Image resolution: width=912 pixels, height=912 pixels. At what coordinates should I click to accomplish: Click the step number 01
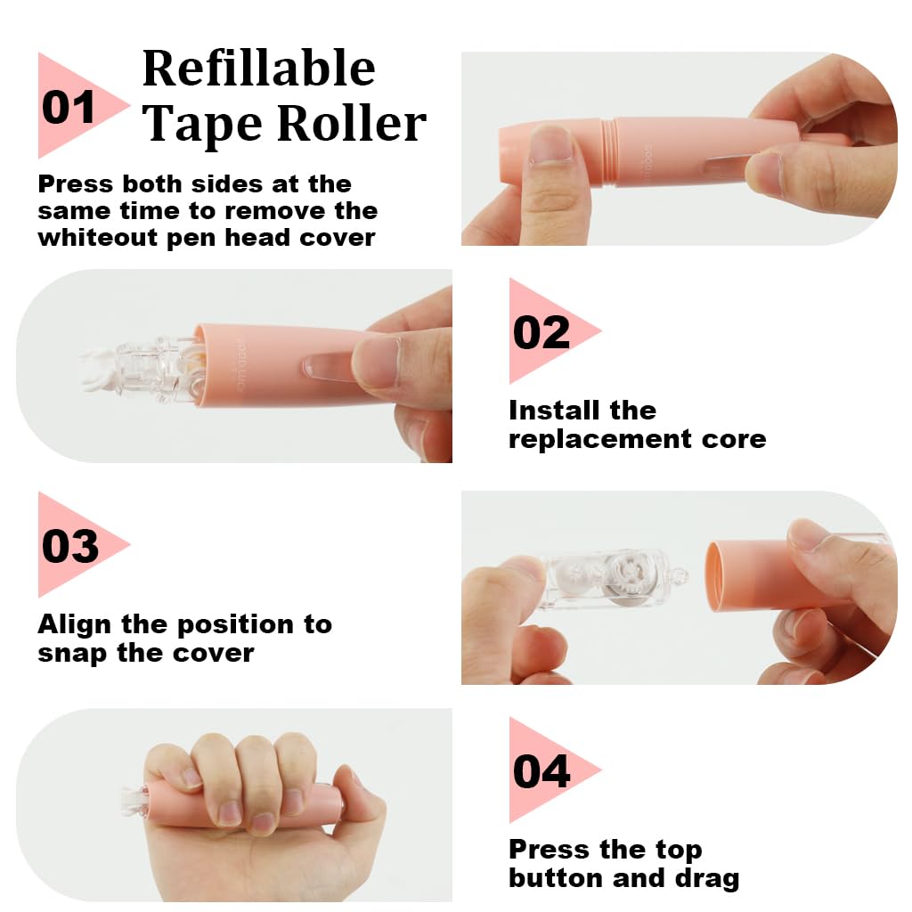pos(69,108)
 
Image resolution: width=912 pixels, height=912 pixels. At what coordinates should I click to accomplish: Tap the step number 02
pos(541,333)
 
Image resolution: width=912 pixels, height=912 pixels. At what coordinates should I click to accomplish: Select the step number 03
pos(70,546)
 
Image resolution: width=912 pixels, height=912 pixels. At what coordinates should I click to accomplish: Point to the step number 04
pos(541,771)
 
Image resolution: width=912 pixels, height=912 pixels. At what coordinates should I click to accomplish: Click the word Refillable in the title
pos(258,69)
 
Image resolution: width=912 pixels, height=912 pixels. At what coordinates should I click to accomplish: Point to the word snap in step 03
pos(70,653)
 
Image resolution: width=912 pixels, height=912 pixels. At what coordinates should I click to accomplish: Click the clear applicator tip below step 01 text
pos(134,369)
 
